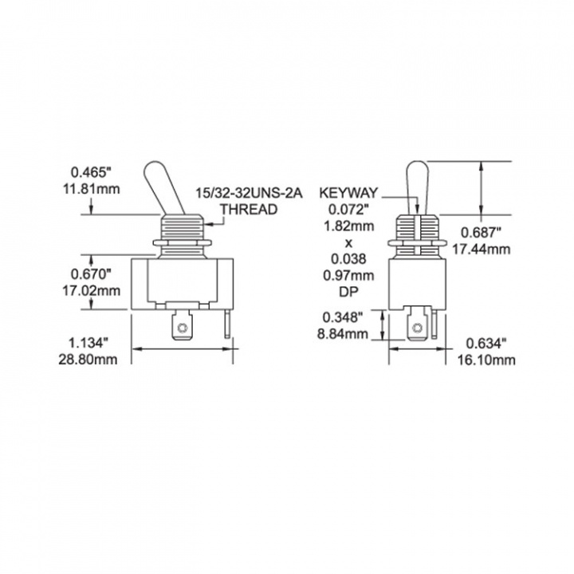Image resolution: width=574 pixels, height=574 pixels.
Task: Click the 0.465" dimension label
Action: click(x=90, y=171)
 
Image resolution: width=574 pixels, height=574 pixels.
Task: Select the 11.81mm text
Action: click(x=92, y=189)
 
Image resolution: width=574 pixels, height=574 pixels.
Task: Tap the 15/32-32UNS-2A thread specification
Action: click(x=249, y=193)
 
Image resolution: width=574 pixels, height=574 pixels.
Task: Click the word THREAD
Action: click(x=249, y=210)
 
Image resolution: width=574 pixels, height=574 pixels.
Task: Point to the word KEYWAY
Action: click(x=348, y=193)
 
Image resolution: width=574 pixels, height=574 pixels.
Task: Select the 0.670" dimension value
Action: click(x=91, y=273)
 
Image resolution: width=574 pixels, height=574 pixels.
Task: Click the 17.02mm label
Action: click(x=91, y=291)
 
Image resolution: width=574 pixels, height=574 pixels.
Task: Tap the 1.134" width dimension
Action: click(x=88, y=343)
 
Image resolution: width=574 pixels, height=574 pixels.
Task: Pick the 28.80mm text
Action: click(x=88, y=360)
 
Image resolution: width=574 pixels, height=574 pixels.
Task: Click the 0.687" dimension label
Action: click(x=481, y=232)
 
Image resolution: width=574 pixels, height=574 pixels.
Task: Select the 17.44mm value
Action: click(x=481, y=250)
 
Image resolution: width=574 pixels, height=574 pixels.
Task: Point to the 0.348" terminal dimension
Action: click(x=343, y=317)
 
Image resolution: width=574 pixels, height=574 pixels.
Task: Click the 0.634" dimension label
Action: click(x=486, y=344)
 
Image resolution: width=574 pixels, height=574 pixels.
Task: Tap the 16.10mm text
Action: click(x=486, y=360)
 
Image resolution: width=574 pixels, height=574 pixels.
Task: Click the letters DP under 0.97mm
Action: click(x=348, y=292)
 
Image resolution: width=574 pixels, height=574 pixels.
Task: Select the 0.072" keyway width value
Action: click(x=348, y=210)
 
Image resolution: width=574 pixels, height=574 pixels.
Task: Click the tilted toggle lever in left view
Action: click(x=165, y=187)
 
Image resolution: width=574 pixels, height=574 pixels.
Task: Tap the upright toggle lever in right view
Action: click(x=417, y=187)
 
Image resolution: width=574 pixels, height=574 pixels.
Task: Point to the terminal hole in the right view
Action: click(x=416, y=328)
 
